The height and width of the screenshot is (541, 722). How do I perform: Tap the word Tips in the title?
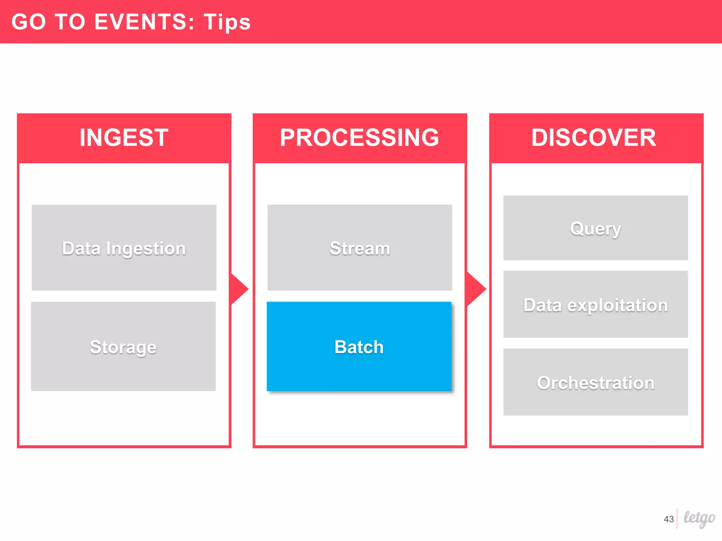[227, 22]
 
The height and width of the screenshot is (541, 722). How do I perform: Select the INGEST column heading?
[124, 137]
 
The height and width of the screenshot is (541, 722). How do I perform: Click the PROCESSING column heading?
[360, 137]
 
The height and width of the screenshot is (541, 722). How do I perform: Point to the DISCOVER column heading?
[594, 137]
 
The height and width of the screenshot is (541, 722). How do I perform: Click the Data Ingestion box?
[124, 248]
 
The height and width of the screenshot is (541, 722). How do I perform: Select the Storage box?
[123, 346]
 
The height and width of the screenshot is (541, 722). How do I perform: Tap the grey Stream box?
[360, 248]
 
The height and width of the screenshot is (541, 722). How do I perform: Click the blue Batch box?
[359, 346]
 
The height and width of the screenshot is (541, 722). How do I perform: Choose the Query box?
[595, 228]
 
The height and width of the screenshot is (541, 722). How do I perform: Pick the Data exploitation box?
[595, 304]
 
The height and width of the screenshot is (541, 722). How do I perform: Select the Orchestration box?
[595, 382]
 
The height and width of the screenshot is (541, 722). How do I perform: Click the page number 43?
[668, 519]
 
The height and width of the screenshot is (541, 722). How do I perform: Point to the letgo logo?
[699, 518]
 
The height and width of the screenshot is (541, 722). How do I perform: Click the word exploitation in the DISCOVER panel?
[618, 305]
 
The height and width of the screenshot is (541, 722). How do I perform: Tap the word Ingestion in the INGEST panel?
[146, 249]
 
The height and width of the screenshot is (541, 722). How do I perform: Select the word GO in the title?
[29, 22]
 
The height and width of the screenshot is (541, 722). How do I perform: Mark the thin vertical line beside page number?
[677, 518]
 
